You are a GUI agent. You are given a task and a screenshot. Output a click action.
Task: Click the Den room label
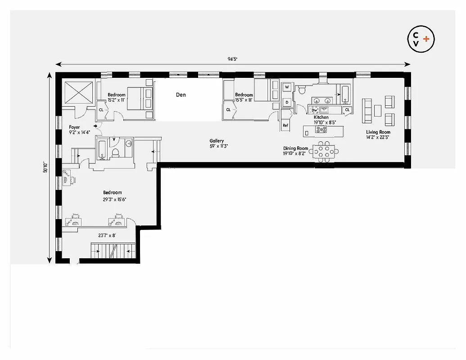click(x=181, y=95)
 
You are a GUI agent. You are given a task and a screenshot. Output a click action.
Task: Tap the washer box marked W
click(x=287, y=87)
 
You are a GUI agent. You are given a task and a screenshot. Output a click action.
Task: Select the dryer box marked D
click(x=287, y=103)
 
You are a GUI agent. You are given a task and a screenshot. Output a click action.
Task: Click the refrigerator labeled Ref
click(x=285, y=126)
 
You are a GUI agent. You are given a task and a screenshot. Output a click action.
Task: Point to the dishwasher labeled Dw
click(x=314, y=110)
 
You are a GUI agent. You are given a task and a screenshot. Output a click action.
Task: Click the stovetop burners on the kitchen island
click(x=321, y=130)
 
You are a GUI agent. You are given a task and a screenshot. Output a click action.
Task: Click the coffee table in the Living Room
click(x=378, y=111)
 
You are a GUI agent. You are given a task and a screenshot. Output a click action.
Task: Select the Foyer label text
click(x=74, y=127)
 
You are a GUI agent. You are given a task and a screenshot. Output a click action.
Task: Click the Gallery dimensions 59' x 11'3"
click(x=217, y=146)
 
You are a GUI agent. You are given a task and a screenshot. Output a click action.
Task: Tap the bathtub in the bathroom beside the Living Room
click(x=344, y=94)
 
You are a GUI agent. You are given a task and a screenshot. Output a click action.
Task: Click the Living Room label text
click(x=378, y=132)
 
